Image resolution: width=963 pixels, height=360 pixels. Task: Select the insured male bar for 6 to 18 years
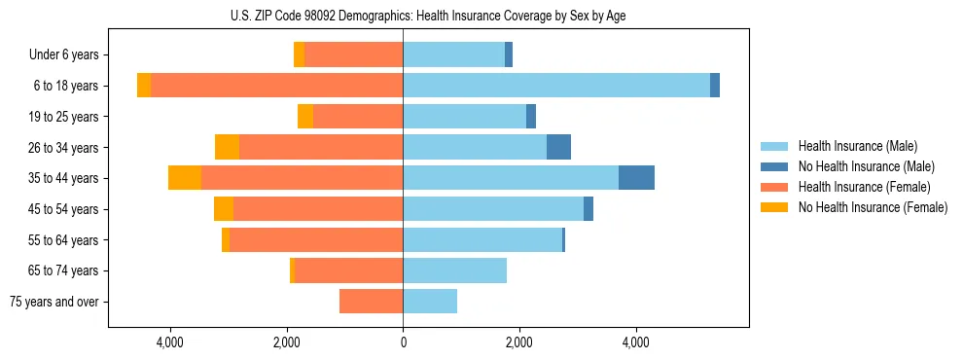555,86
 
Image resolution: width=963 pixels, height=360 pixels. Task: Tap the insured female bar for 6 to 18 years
276,86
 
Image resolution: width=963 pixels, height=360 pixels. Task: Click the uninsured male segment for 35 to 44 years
636,178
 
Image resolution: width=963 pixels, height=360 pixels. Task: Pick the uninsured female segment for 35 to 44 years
185,178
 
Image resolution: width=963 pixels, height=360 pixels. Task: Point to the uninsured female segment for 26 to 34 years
227,147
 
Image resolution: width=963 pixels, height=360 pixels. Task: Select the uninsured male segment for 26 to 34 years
558,147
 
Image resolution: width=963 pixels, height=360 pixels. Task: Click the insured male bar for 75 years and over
430,302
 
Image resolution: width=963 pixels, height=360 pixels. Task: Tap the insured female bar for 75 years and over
371,302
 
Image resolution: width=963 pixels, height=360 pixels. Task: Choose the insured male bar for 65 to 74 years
454,270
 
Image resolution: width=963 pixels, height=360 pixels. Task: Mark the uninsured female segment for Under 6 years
299,54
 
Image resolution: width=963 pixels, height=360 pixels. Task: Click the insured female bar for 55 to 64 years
316,239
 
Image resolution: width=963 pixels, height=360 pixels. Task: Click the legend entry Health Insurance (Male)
857,146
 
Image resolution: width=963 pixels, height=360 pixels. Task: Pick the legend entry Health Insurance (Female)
863,187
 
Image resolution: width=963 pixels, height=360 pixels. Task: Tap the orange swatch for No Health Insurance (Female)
774,207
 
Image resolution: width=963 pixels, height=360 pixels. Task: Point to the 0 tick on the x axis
403,342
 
